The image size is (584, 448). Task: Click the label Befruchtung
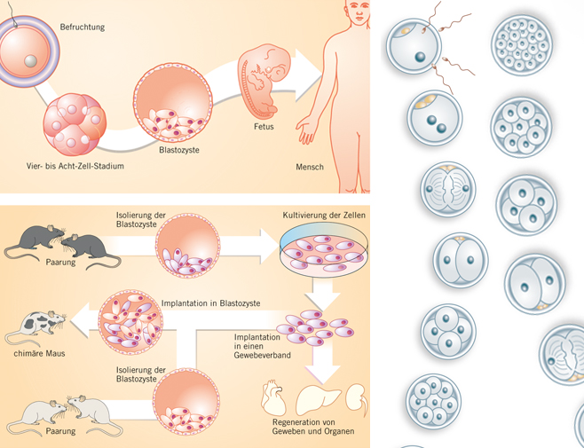coord(83,28)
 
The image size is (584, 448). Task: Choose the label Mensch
coord(309,167)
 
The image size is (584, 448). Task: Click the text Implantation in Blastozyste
coord(210,303)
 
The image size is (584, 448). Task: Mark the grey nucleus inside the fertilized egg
coord(31,61)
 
